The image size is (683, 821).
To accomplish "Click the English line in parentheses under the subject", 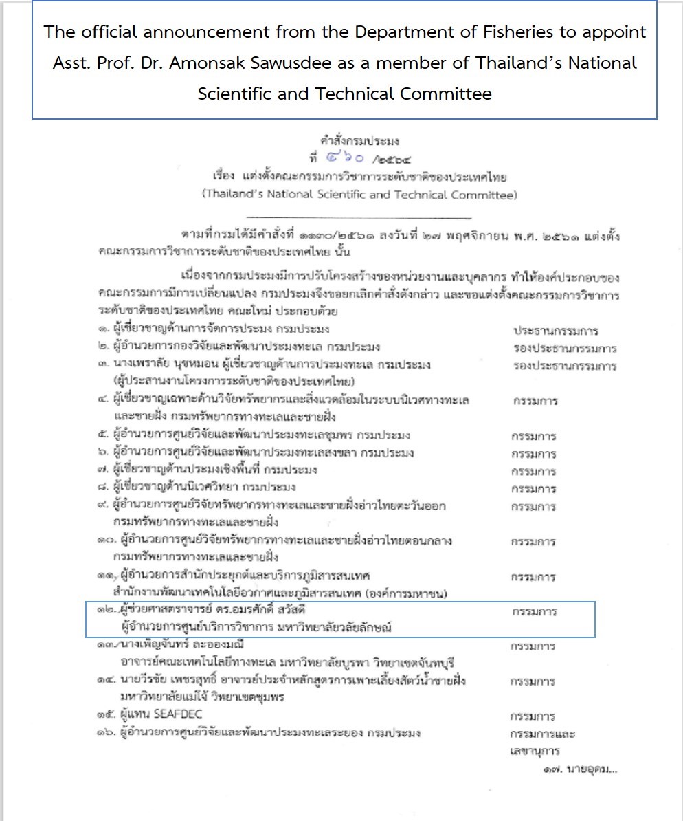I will (359, 195).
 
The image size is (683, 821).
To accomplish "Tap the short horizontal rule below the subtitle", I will (359, 217).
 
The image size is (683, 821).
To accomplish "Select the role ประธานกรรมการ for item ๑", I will (556, 330).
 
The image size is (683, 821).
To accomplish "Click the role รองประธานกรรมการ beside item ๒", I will (564, 348).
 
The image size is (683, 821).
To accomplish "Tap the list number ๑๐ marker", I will (106, 541).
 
